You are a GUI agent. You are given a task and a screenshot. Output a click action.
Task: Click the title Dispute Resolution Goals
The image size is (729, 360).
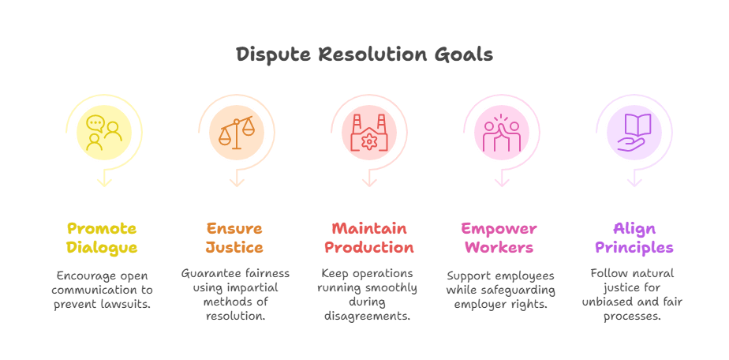coord(364,54)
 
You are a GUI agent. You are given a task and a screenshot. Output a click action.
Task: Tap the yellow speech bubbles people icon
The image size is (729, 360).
coord(103,133)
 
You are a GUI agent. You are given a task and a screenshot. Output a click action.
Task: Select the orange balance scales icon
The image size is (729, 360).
coord(236,133)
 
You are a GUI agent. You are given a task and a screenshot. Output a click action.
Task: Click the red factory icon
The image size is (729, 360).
coord(368,133)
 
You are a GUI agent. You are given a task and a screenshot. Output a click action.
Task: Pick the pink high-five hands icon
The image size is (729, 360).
coord(501,133)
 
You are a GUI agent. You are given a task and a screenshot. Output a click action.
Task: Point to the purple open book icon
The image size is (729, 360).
coord(634,133)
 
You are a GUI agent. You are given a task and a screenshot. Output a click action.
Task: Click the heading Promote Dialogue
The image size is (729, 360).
coord(102,238)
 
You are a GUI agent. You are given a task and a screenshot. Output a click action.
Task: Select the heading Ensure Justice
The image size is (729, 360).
coord(234,238)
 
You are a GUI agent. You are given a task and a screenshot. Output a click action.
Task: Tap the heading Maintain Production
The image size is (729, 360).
coord(368,238)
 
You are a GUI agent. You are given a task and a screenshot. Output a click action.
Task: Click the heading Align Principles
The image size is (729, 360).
coord(633,238)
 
